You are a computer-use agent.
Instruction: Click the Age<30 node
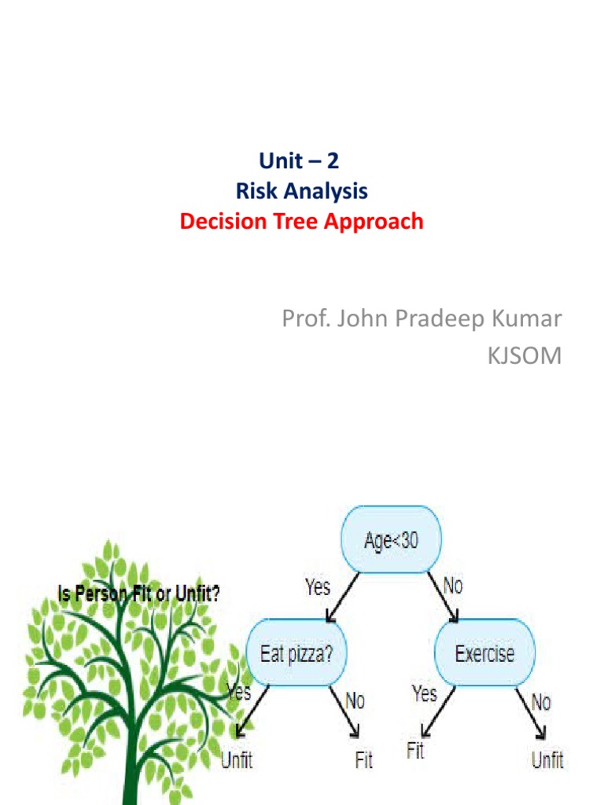coord(391,541)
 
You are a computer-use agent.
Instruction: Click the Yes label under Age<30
coord(317,586)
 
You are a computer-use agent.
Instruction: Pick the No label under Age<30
coord(454,586)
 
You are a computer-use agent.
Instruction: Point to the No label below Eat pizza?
coord(355,700)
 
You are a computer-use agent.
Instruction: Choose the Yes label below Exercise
coord(424,693)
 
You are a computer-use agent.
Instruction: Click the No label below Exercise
coord(541,702)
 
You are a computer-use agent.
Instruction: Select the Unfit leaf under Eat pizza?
coord(236,760)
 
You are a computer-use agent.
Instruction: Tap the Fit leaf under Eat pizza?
coord(363,760)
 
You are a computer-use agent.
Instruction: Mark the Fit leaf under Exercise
coord(415,751)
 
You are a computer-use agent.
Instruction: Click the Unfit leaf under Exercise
coord(547,760)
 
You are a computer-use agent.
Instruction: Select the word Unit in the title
coord(278,162)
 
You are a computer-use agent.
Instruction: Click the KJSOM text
coord(525,355)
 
